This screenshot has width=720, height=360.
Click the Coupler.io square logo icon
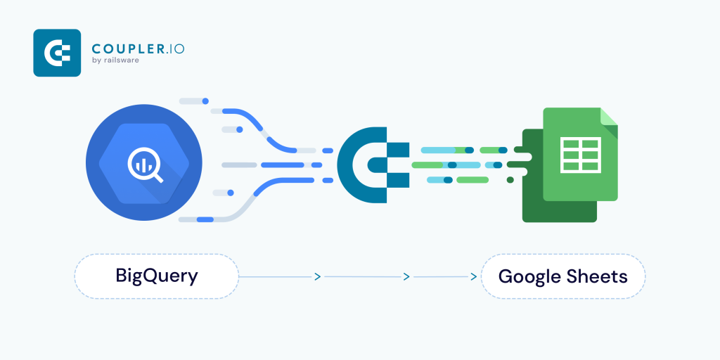(57, 53)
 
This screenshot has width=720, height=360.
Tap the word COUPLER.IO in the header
(138, 49)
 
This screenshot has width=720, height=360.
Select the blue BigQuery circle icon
(143, 162)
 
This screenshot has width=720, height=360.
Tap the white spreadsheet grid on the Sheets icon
(580, 155)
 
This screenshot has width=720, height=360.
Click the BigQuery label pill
(157, 276)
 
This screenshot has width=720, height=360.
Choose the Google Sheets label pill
(563, 276)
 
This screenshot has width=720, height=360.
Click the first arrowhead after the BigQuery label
(317, 276)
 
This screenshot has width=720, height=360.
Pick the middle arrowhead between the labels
(406, 276)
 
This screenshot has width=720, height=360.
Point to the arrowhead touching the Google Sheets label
(473, 277)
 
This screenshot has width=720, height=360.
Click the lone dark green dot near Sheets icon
(510, 179)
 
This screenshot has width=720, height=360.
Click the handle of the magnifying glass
(157, 177)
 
